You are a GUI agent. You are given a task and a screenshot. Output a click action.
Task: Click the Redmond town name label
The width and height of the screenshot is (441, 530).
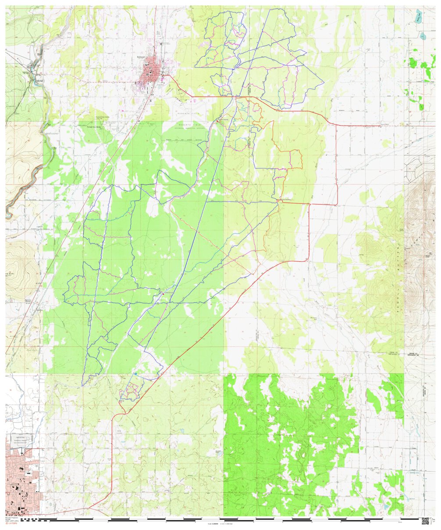point(140,57)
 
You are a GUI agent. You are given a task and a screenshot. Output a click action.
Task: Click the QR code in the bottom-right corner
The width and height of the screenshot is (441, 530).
point(425,521)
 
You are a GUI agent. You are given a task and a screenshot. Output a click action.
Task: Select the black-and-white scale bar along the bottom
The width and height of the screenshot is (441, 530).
point(219,519)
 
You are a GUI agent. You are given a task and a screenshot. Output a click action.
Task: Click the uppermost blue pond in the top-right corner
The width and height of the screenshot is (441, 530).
point(420,18)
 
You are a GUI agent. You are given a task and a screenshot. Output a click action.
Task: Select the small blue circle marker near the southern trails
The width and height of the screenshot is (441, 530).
point(136,374)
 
